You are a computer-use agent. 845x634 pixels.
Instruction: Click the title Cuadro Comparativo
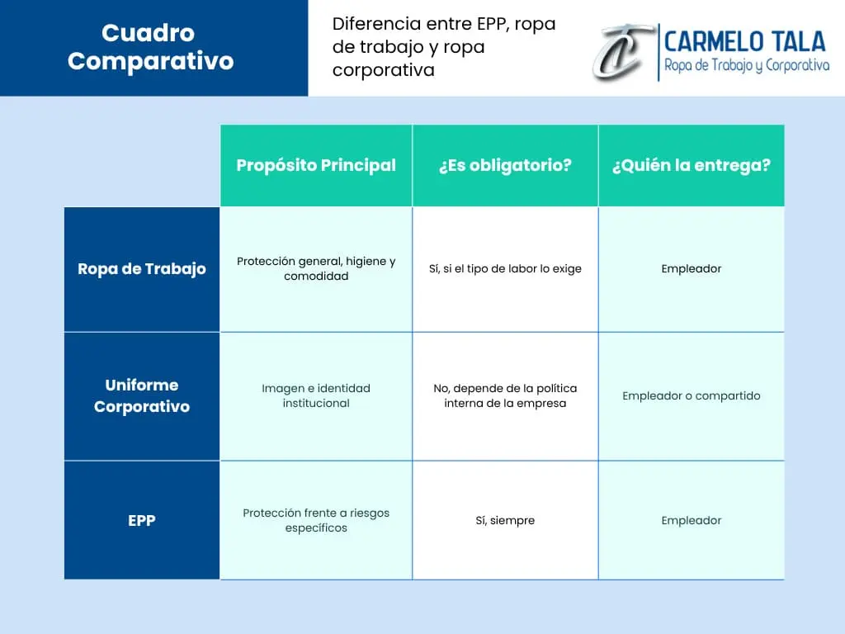[x=151, y=47]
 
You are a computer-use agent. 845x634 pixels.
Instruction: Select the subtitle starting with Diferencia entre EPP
[x=444, y=47]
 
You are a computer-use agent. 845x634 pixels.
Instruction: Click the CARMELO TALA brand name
[x=744, y=40]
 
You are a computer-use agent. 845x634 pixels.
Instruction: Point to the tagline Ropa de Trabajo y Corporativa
[x=746, y=66]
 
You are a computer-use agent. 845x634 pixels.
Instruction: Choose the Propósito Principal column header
[x=316, y=165]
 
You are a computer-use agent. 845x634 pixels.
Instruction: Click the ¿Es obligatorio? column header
[x=505, y=165]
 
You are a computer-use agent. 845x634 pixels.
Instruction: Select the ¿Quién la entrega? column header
[x=692, y=165]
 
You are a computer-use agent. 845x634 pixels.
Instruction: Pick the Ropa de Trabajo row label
[x=142, y=269]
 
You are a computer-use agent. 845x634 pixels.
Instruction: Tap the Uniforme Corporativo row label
[x=142, y=395]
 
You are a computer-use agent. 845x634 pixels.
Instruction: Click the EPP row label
[x=142, y=521]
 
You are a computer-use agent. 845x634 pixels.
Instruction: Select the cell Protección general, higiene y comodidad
[x=316, y=268]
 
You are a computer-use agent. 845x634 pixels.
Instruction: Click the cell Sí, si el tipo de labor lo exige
[x=505, y=268]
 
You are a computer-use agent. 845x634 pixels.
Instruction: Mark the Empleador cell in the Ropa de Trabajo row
[x=692, y=268]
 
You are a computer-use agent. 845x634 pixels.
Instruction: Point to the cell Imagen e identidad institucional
[x=316, y=395]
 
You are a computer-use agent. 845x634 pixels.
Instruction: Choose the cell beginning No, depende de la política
[x=505, y=395]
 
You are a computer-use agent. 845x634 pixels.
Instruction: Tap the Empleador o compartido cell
[x=692, y=395]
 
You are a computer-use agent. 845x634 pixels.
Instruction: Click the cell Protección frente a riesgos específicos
[x=316, y=520]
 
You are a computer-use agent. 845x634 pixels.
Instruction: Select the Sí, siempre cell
[x=505, y=520]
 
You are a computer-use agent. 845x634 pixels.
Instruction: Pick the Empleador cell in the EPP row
[x=692, y=520]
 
